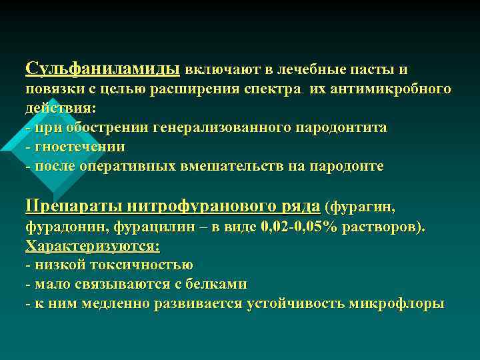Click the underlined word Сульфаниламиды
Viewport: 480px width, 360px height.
pos(102,69)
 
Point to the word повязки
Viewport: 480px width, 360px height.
pos(51,89)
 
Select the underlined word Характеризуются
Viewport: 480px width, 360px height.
pos(92,245)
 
